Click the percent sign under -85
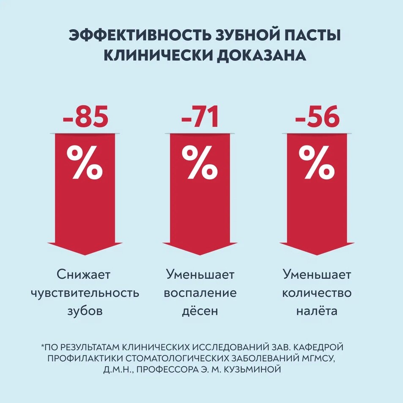point(85,163)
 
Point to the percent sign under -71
point(200,163)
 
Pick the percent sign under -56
point(317,163)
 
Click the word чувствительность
point(85,293)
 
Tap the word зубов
point(85,312)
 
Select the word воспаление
point(200,293)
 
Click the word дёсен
point(200,312)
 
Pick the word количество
point(317,293)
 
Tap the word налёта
point(317,312)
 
